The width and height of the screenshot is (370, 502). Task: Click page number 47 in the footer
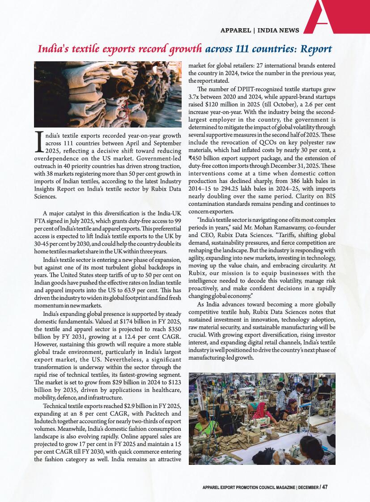coord(325,487)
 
